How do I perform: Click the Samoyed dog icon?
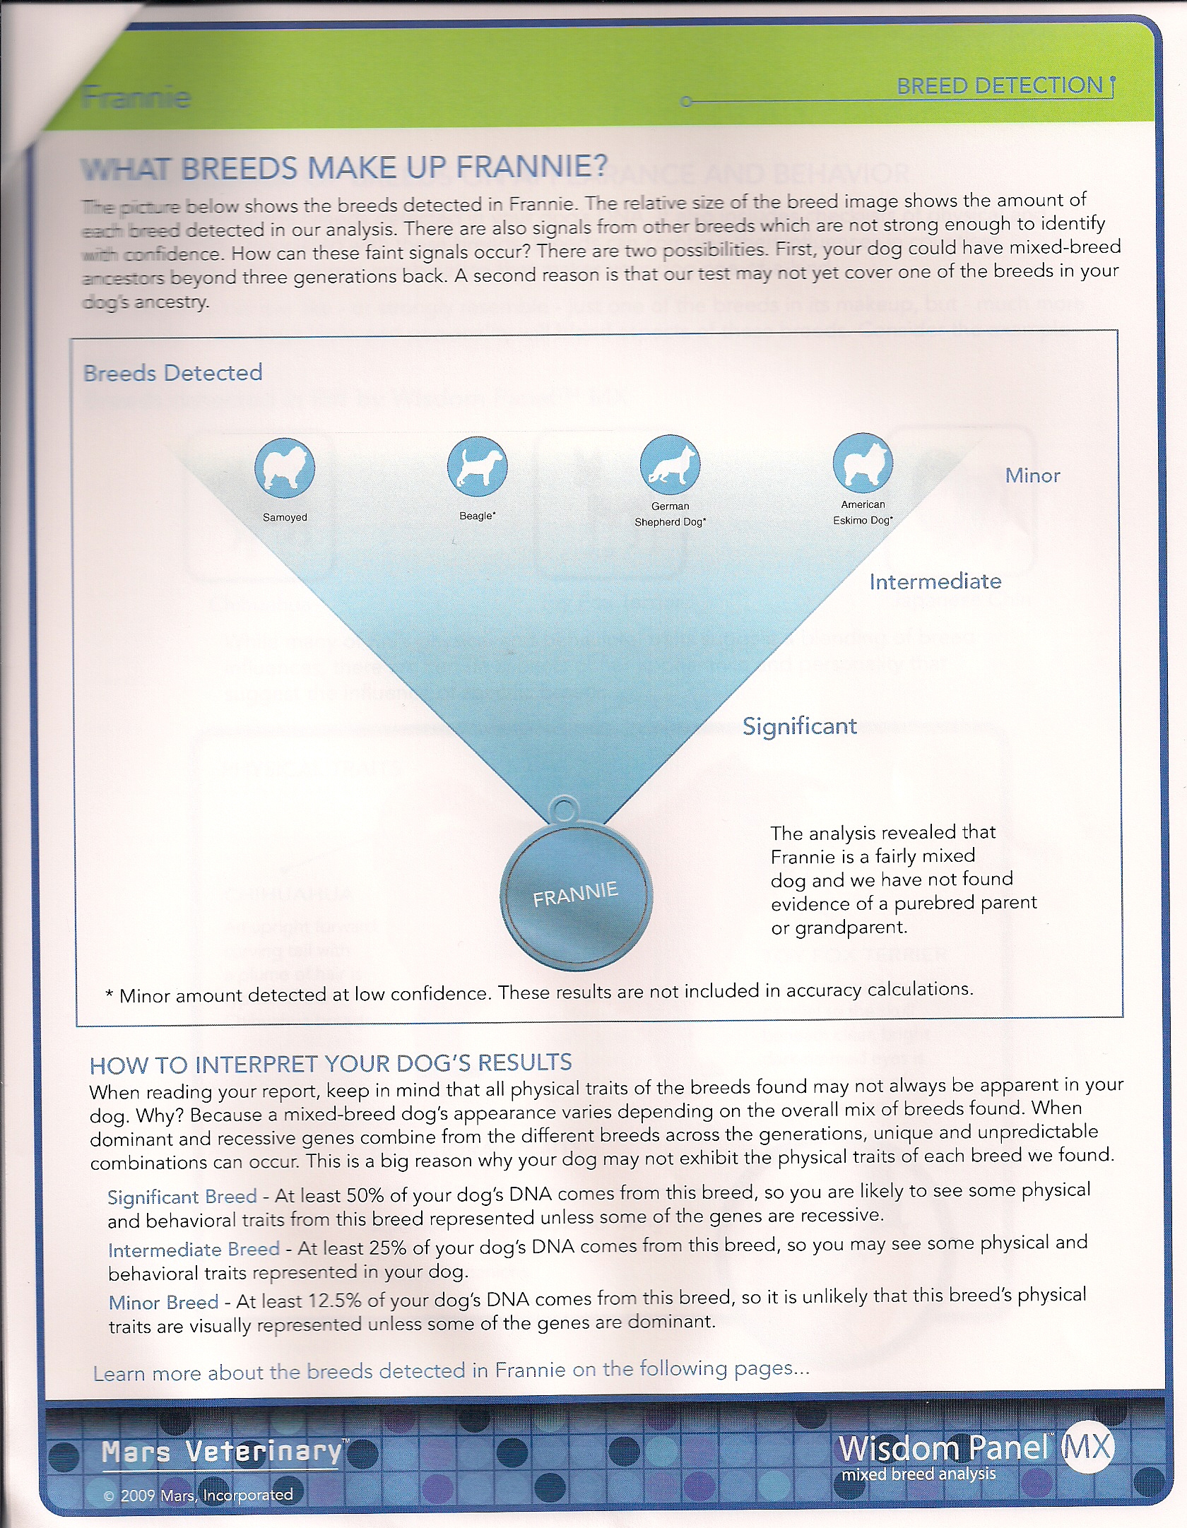(x=285, y=468)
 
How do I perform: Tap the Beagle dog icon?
(x=477, y=466)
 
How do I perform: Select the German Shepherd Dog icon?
(x=670, y=465)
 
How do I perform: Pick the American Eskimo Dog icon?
(x=863, y=463)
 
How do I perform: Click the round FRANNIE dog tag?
(x=576, y=896)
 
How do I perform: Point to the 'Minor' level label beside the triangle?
(x=1032, y=476)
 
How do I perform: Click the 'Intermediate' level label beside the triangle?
(x=935, y=581)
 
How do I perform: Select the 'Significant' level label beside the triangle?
(x=799, y=726)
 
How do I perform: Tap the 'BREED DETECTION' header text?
(x=999, y=86)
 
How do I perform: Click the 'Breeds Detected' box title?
(x=173, y=373)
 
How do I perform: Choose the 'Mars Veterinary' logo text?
(x=222, y=1451)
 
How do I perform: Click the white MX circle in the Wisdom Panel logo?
(x=1087, y=1447)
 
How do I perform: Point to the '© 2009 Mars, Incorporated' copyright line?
(x=199, y=1495)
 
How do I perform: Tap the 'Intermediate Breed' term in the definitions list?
(x=194, y=1249)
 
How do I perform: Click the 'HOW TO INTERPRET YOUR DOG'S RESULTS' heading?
(x=331, y=1064)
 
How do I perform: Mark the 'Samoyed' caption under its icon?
(x=285, y=517)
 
